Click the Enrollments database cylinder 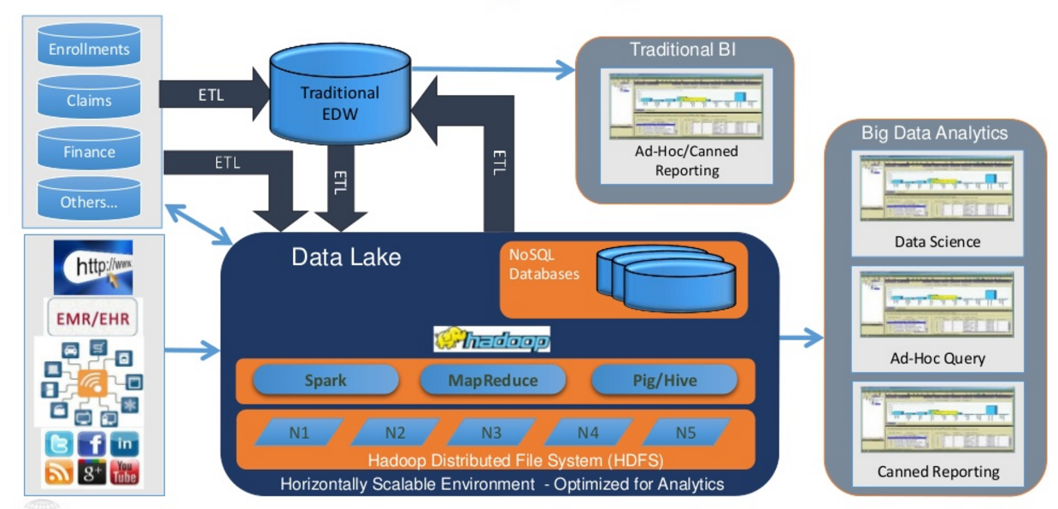coord(89,48)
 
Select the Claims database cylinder coord(89,99)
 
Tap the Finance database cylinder coord(89,151)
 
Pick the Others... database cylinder coord(89,202)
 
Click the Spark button coord(325,380)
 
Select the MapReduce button coord(493,380)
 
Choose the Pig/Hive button coord(663,380)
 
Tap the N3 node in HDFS coord(491,433)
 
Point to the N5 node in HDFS coord(685,433)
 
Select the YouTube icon coord(124,472)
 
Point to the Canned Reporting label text coord(938,471)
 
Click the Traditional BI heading coord(683,50)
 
